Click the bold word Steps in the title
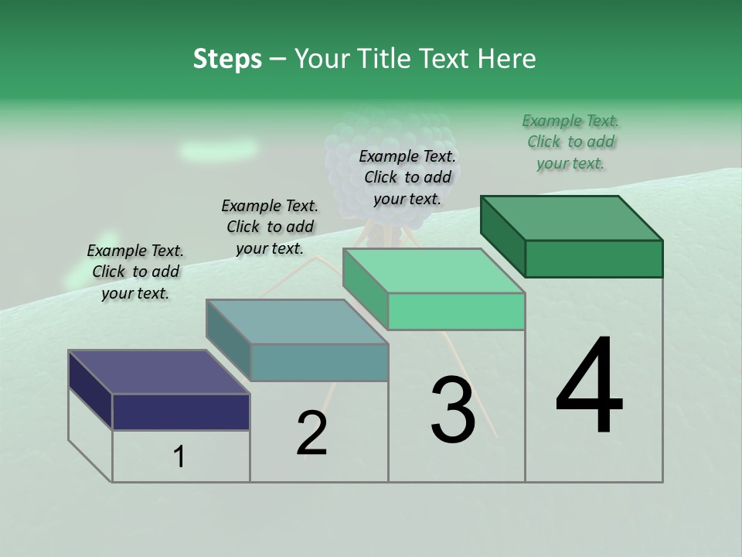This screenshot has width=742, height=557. [227, 59]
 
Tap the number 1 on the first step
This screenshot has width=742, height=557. [179, 457]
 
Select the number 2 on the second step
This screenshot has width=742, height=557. [311, 432]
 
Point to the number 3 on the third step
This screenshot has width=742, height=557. [452, 410]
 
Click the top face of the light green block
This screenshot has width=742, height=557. [434, 271]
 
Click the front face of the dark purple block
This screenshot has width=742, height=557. [181, 412]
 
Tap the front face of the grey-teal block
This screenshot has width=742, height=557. [318, 362]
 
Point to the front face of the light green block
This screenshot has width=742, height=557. [456, 311]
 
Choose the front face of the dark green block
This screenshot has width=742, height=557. [594, 258]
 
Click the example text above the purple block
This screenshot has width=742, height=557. [135, 272]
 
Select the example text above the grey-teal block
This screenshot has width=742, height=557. [270, 227]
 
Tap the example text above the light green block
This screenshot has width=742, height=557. [407, 177]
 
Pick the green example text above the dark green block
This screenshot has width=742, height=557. [570, 142]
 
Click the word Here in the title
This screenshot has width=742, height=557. [507, 59]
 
